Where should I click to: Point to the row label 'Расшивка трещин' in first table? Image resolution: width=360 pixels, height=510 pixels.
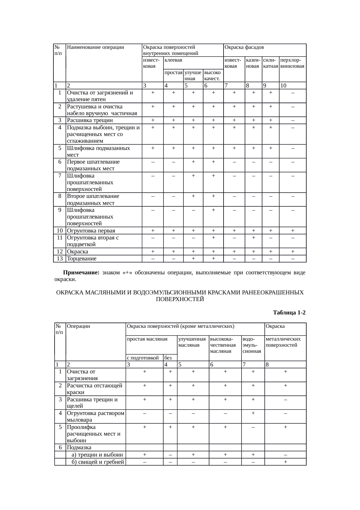pos(90,120)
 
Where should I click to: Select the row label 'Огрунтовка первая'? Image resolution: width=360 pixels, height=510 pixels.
pos(91,231)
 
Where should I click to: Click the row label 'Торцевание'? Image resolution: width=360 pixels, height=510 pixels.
pos(82,259)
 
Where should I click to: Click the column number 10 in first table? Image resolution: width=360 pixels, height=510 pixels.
pos(284,86)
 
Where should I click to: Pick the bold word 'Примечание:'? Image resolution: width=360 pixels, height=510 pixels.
pos(81,273)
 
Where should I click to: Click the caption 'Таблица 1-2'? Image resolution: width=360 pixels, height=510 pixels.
pos(289,313)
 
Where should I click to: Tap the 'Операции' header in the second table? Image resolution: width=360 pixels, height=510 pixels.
pos(78,326)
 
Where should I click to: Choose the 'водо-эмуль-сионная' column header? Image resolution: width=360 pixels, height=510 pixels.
pos(252,345)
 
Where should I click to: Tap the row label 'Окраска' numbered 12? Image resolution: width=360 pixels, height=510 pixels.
pos(78,252)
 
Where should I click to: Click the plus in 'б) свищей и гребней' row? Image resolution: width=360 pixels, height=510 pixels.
pos(286,462)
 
